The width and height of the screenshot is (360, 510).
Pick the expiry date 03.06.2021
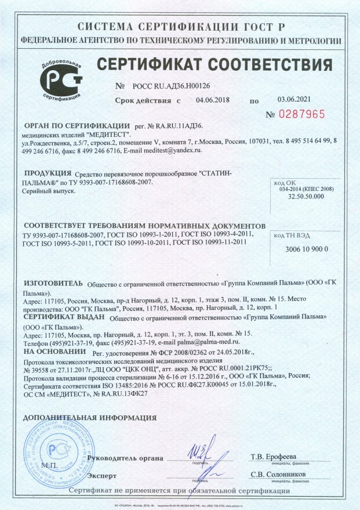tap(296, 100)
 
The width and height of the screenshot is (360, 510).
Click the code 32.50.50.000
tap(306, 197)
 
